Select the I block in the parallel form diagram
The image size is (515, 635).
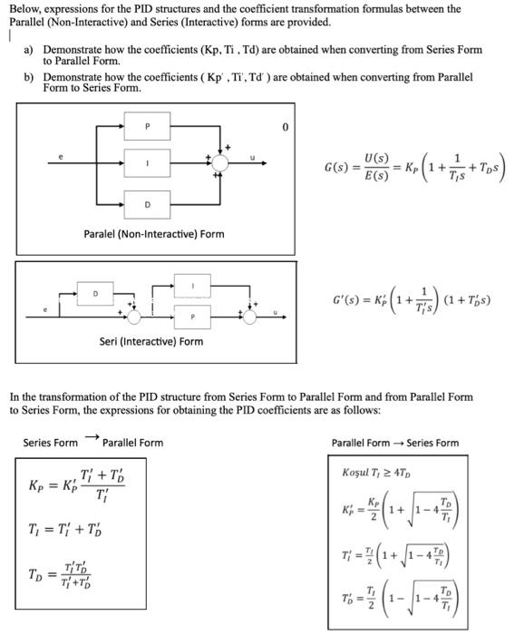140,162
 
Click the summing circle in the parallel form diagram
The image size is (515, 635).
219,162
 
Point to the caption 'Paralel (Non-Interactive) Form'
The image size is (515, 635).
153,235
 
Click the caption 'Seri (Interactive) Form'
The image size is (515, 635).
151,342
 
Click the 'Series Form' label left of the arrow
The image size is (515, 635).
51,443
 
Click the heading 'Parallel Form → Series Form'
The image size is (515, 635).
395,443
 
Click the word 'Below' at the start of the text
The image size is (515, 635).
24,9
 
